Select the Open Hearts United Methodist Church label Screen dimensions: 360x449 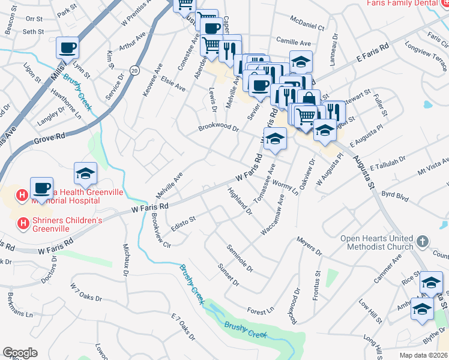click(x=377, y=242)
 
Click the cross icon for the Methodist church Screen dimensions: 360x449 click(x=423, y=242)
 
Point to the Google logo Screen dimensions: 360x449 click(x=20, y=353)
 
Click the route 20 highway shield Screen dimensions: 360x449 click(x=134, y=70)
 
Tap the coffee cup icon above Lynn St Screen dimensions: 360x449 click(x=68, y=47)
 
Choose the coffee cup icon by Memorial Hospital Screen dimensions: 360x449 click(x=42, y=188)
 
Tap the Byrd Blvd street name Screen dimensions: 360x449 click(x=395, y=195)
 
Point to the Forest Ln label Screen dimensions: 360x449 click(x=261, y=310)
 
